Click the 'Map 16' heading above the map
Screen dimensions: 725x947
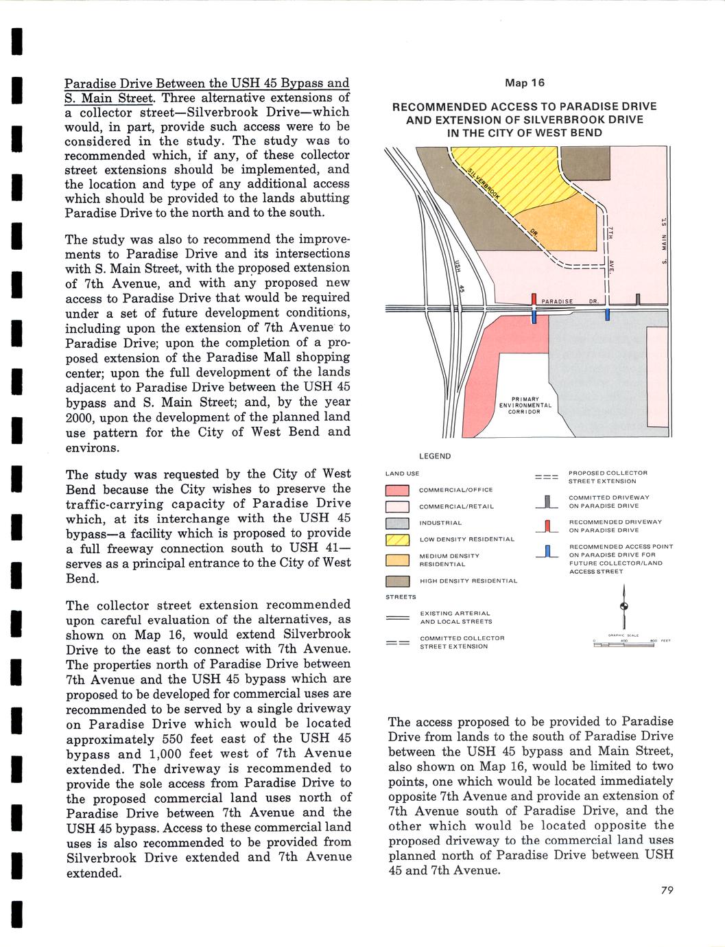tap(524, 83)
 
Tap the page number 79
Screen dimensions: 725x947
tap(667, 890)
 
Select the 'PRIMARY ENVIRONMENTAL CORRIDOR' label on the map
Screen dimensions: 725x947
tap(525, 406)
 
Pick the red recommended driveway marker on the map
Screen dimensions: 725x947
tap(534, 299)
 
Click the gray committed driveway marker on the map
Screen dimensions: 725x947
tap(638, 299)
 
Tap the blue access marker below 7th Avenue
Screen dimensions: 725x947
tap(608, 315)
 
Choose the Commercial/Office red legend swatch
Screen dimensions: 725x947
tap(397, 490)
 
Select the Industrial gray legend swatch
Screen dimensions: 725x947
tap(397, 524)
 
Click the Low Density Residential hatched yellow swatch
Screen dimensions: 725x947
tap(397, 540)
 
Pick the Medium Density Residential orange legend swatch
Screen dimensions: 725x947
tap(397, 560)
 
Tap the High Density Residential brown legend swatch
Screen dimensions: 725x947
tap(397, 581)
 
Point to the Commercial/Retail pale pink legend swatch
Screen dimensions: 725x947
tap(397, 507)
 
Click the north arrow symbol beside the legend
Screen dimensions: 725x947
tap(624, 607)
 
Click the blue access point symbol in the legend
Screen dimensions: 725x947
tap(547, 551)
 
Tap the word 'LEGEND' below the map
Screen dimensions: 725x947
tap(435, 456)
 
